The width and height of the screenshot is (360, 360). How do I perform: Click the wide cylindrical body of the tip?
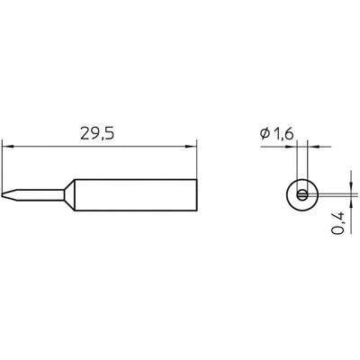[135, 193]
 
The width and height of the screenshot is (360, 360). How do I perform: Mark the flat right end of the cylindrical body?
[196, 193]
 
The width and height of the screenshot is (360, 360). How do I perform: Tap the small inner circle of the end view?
[302, 193]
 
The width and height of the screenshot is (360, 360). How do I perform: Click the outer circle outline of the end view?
[286, 193]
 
